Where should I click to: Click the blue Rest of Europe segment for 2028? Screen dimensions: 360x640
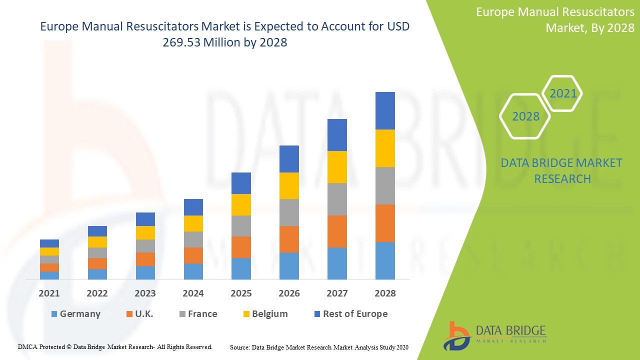[x=385, y=110]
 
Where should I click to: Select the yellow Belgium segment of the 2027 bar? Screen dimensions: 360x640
[x=337, y=167]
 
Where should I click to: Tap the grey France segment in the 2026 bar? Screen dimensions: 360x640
[x=289, y=212]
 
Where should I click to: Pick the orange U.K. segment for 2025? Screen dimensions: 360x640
[x=241, y=247]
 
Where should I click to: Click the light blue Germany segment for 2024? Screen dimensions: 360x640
[x=193, y=271]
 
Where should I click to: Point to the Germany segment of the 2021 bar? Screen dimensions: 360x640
[x=49, y=275]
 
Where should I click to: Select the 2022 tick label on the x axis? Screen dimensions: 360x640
[x=97, y=293]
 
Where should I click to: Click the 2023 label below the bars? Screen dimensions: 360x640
[x=145, y=293]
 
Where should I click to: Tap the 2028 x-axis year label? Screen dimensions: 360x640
[x=385, y=293]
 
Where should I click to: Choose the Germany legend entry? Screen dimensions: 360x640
[x=75, y=314]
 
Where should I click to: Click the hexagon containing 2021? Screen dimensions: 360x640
[x=563, y=93]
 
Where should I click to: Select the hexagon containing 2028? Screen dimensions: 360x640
[x=525, y=116]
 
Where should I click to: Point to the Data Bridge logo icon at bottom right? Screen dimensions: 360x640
[x=456, y=335]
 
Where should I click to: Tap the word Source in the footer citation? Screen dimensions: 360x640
[x=239, y=346]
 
